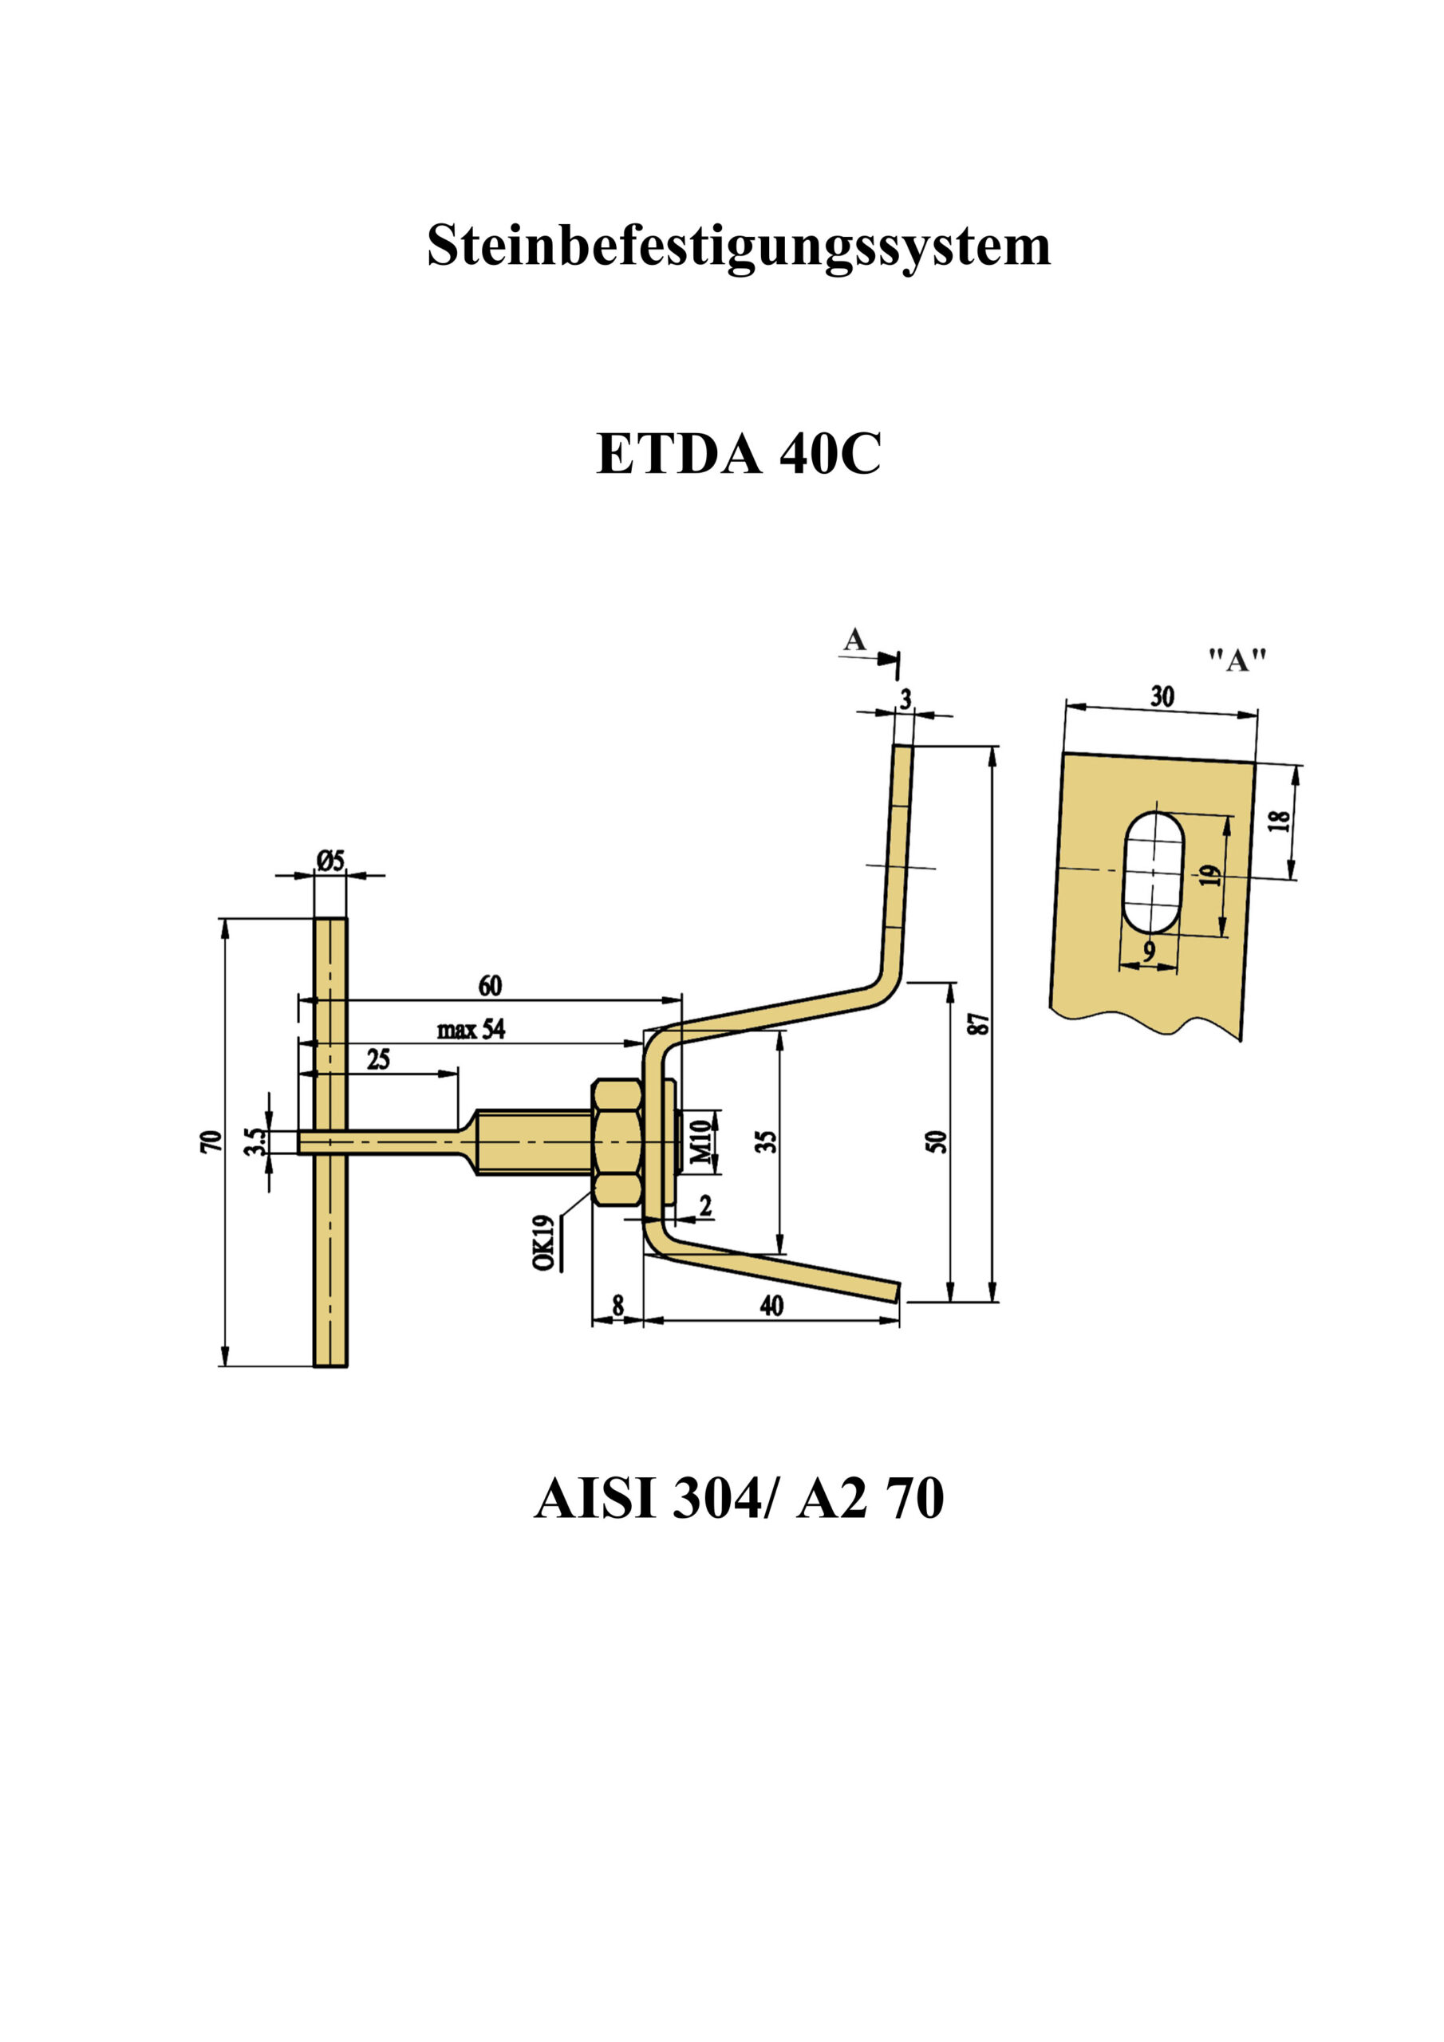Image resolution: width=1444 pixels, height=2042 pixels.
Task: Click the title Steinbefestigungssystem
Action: click(x=739, y=246)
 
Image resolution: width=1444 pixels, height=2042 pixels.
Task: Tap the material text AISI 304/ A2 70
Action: click(x=739, y=1499)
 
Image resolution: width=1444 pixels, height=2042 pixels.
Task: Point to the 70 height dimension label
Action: click(x=211, y=1142)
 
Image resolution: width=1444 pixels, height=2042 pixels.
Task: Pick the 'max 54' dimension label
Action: click(x=471, y=1030)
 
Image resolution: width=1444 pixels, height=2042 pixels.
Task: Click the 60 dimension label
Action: click(x=490, y=985)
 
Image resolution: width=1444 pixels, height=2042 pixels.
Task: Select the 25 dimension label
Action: click(x=378, y=1059)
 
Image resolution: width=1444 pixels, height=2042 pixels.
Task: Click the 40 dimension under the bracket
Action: click(x=771, y=1305)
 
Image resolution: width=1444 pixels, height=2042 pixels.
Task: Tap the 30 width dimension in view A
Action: click(x=1162, y=696)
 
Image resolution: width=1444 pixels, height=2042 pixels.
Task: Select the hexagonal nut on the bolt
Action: click(x=617, y=1142)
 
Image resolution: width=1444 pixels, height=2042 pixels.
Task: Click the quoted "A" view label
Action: click(x=1237, y=660)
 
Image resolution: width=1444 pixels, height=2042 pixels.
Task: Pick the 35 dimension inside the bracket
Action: click(x=767, y=1142)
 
